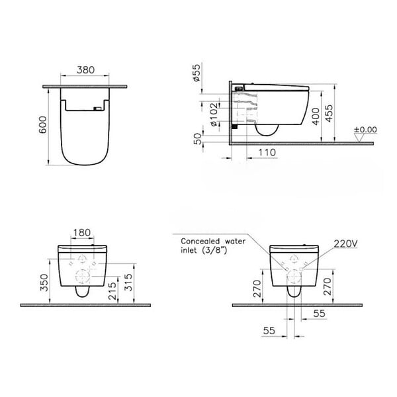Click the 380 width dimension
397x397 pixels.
(85, 70)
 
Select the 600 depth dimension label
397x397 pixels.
(42, 125)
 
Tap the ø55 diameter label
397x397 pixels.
(197, 72)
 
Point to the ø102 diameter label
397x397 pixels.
(214, 114)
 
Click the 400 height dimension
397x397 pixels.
(316, 116)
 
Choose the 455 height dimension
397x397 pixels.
(329, 113)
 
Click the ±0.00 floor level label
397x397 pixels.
(365, 130)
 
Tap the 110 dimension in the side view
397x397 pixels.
(267, 152)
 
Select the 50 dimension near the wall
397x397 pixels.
(198, 139)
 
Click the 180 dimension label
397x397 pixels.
(82, 232)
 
